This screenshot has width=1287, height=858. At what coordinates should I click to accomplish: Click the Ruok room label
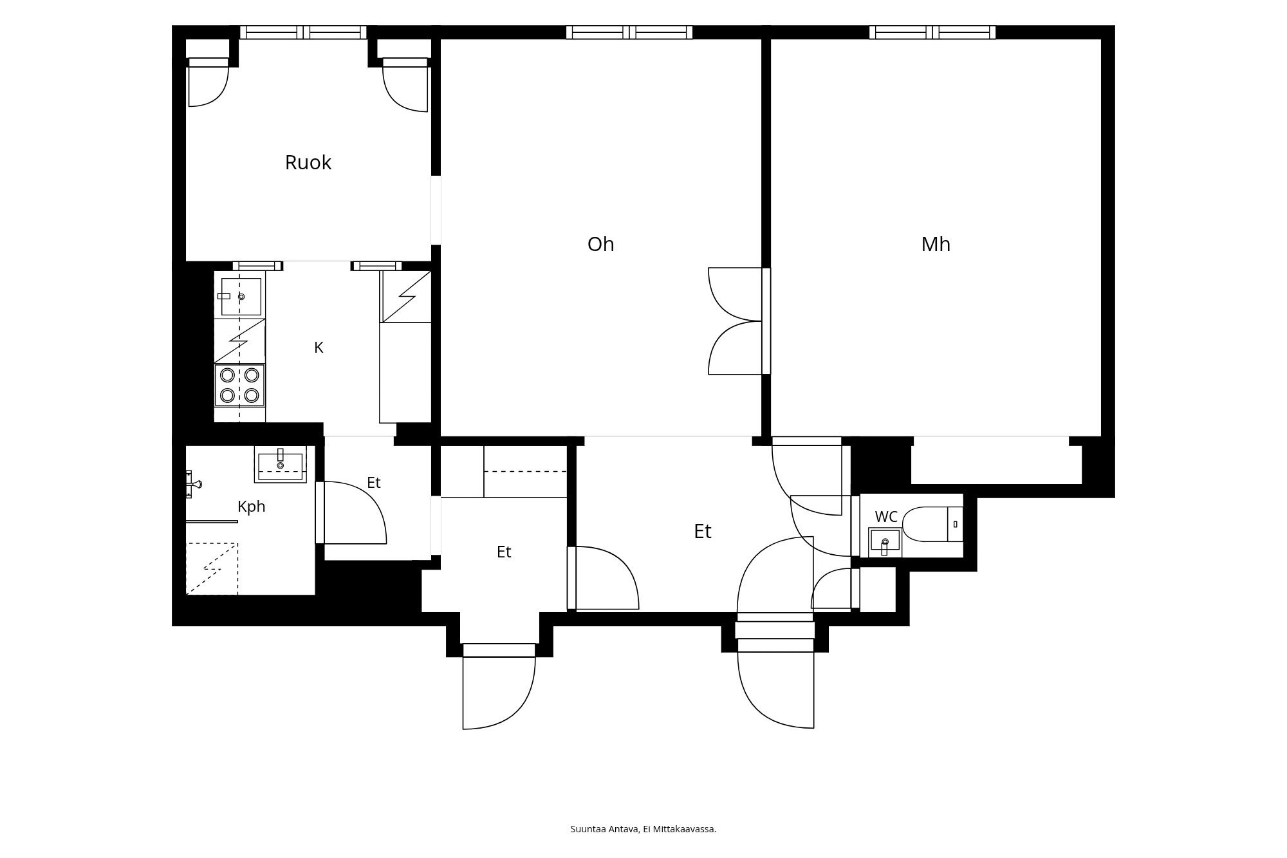click(308, 163)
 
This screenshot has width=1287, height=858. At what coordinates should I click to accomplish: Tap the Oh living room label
click(601, 245)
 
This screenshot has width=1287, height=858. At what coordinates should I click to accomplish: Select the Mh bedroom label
click(936, 245)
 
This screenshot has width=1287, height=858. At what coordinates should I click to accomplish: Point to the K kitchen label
click(319, 348)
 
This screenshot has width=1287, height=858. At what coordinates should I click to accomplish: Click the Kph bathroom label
click(252, 507)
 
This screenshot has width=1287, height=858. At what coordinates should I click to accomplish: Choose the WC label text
click(886, 517)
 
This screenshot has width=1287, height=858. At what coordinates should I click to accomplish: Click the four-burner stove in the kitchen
click(239, 385)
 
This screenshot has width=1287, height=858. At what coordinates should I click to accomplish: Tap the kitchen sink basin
click(241, 297)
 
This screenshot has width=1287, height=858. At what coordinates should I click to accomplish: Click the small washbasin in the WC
click(885, 541)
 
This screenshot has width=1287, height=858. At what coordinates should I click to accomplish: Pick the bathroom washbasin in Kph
click(281, 464)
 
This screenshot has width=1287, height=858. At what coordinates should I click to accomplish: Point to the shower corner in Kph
click(212, 569)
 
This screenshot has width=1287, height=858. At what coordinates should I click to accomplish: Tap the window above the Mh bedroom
click(932, 32)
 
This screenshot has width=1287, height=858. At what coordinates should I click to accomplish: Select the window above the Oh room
click(629, 32)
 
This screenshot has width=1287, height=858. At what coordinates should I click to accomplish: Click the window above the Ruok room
click(303, 32)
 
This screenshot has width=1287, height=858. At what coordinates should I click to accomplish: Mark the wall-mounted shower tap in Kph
click(192, 484)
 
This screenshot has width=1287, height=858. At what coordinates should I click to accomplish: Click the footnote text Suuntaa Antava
click(604, 829)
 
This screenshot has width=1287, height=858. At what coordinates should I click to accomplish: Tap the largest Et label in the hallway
click(703, 532)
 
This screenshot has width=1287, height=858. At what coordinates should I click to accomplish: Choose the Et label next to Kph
click(374, 483)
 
